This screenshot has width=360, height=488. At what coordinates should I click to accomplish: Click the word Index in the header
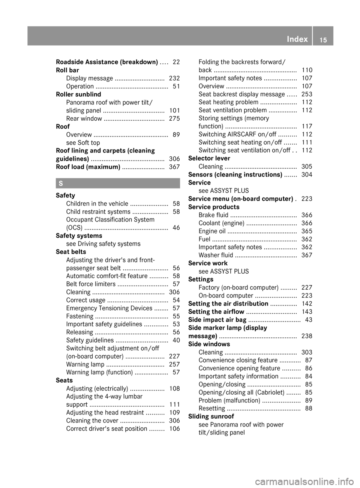tap(297, 39)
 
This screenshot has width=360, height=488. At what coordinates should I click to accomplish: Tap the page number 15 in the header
tap(323, 40)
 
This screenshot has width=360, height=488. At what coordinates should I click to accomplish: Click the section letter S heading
tap(60, 183)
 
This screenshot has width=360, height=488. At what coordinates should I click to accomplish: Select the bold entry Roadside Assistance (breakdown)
tap(107, 62)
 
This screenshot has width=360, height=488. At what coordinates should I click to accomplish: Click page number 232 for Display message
tap(174, 78)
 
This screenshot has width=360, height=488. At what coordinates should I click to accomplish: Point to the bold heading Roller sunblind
tap(78, 94)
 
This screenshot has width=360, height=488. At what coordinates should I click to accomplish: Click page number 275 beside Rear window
tap(174, 118)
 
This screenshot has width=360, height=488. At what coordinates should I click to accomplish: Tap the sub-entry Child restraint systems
tap(98, 212)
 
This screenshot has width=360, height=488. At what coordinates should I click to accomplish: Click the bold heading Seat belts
tap(71, 252)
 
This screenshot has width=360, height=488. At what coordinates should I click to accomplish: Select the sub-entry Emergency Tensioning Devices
tap(109, 308)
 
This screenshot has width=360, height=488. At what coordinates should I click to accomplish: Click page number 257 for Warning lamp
tap(174, 364)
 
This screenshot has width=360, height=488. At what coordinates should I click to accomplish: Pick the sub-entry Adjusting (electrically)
tap(97, 389)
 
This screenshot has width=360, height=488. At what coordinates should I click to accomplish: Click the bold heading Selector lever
tap(209, 159)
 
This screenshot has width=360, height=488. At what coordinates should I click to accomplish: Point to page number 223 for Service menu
tap(307, 199)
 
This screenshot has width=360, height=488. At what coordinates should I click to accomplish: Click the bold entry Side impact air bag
tap(217, 320)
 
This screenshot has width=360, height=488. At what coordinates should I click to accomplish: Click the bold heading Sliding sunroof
tap(211, 416)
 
